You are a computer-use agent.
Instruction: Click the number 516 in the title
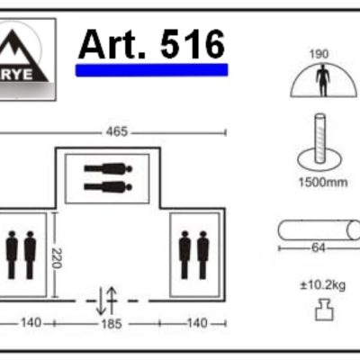tap(193, 44)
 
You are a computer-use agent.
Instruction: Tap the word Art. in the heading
tap(112, 44)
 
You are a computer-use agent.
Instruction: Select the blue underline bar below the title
tap(151, 70)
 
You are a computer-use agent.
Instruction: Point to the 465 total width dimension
tap(117, 131)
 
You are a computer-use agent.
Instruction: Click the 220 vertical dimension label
tap(57, 258)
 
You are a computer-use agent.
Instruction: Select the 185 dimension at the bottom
tap(112, 324)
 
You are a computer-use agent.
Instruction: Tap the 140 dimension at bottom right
tap(197, 323)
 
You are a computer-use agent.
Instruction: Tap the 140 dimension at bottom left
tap(31, 323)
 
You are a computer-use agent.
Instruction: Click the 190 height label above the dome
tap(319, 54)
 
